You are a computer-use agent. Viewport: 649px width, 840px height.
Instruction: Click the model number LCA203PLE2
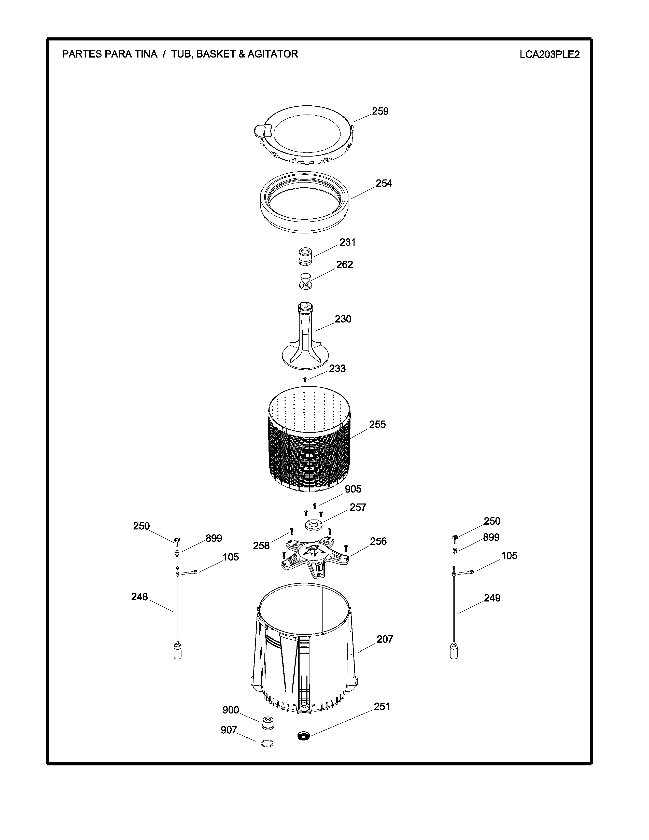549,54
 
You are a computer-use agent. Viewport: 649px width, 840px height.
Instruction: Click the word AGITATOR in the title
273,54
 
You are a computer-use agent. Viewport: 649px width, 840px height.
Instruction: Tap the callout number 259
380,111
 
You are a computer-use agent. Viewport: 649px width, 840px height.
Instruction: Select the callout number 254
384,184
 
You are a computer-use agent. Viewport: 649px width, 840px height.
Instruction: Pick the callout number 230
343,319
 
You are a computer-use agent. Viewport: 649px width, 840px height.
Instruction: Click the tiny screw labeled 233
305,380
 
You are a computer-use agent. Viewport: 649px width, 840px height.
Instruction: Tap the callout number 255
377,424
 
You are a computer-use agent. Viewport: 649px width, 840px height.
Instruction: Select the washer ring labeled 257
314,525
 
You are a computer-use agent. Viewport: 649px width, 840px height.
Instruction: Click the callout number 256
378,541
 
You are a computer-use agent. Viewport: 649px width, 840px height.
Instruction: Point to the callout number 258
261,545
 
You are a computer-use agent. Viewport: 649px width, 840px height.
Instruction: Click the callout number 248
139,597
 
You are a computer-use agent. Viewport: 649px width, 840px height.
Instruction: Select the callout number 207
385,639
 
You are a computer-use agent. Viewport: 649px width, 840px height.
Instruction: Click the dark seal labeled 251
304,736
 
